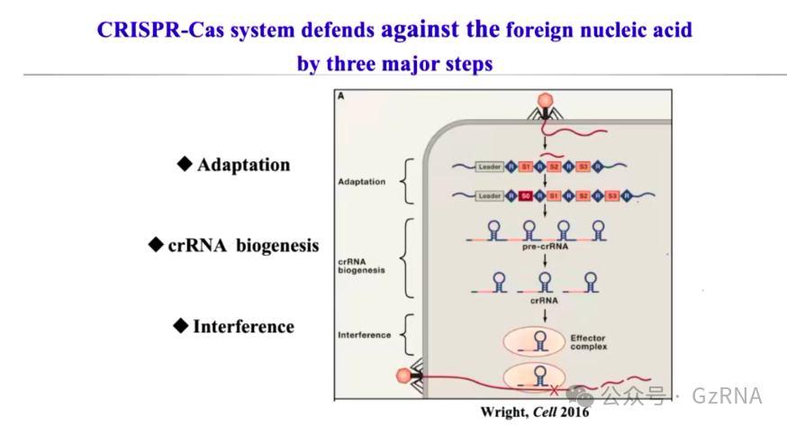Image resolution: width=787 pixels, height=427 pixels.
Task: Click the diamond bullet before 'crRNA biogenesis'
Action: [x=155, y=244]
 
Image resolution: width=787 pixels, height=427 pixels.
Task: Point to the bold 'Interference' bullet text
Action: [x=243, y=326]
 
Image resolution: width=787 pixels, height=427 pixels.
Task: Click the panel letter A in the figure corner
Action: [x=341, y=96]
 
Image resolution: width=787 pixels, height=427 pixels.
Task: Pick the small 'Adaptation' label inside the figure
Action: [x=362, y=181]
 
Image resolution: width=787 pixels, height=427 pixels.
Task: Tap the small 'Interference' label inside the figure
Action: [x=365, y=335]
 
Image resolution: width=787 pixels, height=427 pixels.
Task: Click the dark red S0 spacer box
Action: [x=525, y=195]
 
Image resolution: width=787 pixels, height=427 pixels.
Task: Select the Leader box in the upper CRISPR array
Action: [x=490, y=167]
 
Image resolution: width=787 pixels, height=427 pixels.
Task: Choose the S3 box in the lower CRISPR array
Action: [x=612, y=195]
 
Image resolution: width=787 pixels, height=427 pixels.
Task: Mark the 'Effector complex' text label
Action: [x=589, y=343]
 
